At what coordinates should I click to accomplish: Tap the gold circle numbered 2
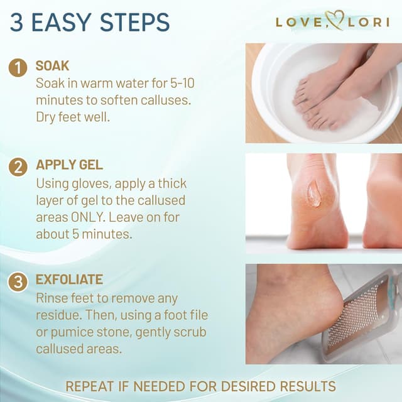[x=18, y=167]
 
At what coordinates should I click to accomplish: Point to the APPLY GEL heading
[x=69, y=165]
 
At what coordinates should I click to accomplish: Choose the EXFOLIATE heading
[x=69, y=280]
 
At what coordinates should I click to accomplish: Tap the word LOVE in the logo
[x=300, y=23]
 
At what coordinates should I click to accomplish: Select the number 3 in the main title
[x=17, y=22]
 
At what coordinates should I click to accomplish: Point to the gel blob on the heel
[x=314, y=194]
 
